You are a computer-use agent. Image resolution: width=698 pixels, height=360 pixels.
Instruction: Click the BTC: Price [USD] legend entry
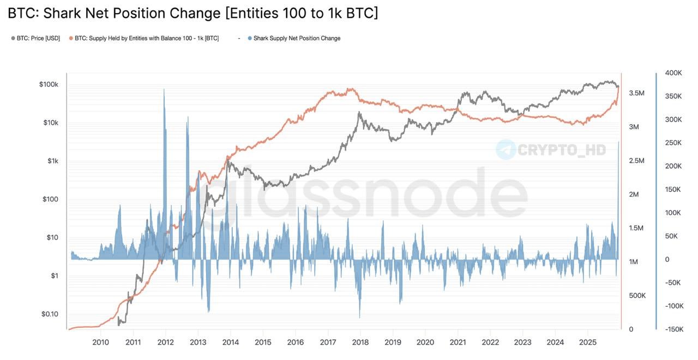pos(38,38)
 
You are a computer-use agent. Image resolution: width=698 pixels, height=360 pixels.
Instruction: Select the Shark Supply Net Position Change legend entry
pos(297,38)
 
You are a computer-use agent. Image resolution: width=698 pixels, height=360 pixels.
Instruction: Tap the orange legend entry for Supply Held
pos(146,38)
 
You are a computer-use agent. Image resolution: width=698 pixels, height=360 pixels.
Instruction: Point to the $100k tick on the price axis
pos(48,85)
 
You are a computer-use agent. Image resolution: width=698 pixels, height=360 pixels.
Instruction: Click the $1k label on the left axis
pos(52,161)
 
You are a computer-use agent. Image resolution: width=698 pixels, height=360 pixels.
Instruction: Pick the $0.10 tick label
pos(50,314)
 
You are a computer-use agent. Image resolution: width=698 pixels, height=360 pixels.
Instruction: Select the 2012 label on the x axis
pos(165,342)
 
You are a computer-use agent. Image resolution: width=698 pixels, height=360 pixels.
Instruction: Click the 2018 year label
pos(360,342)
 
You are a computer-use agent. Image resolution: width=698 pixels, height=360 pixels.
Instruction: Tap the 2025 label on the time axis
pos(587,342)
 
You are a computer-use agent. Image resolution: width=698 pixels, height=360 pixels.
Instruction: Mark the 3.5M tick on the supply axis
pos(637,93)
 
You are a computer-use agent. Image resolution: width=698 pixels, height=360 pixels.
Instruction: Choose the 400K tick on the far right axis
pos(674,73)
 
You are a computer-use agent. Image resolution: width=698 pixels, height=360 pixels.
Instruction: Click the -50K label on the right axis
pos(673,283)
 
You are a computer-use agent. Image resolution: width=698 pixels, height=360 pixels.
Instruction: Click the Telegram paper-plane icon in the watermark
pos(506,149)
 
